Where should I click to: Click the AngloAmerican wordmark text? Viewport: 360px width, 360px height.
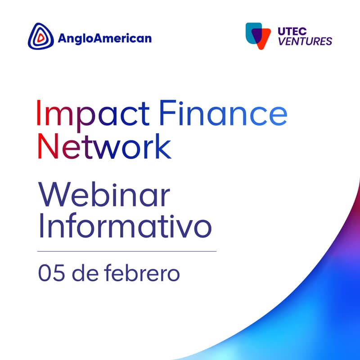click(x=104, y=38)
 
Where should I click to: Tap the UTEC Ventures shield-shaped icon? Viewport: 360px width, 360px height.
click(x=258, y=36)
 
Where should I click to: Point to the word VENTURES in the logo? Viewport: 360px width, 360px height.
click(x=305, y=42)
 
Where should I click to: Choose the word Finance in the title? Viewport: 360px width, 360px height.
click(x=223, y=113)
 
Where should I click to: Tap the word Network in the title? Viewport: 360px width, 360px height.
click(x=104, y=146)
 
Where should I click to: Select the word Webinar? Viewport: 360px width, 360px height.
click(x=104, y=196)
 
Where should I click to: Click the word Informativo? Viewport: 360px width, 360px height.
click(x=124, y=227)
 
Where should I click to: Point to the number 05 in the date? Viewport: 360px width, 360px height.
click(x=49, y=273)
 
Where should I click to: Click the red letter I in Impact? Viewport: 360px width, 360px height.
click(x=39, y=113)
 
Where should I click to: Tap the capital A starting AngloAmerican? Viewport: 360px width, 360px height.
click(x=63, y=38)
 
